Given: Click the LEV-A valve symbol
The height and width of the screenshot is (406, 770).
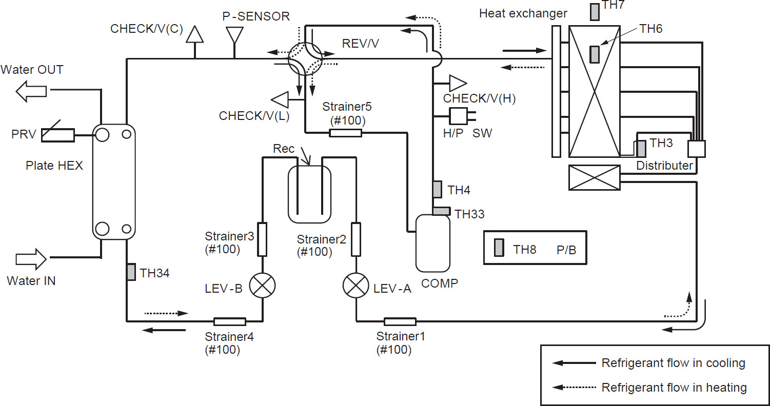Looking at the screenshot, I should (x=356, y=286).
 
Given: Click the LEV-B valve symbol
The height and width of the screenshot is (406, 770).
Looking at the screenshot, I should (x=262, y=286).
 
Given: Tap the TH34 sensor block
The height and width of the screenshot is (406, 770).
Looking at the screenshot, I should (x=131, y=272).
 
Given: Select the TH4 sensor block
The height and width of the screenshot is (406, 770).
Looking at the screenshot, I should (x=437, y=189).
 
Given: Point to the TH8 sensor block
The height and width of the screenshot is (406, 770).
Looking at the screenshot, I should (x=499, y=248).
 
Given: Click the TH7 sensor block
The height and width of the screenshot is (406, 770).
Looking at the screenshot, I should (x=595, y=12).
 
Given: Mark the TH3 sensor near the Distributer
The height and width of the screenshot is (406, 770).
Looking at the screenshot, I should (x=641, y=149).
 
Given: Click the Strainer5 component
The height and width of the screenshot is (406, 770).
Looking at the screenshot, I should (x=345, y=133).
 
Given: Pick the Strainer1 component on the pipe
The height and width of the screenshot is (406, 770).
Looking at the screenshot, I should (x=400, y=321).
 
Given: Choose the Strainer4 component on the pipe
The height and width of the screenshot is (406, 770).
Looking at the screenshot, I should (x=229, y=321).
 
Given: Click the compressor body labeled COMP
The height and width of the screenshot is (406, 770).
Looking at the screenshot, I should (x=432, y=243).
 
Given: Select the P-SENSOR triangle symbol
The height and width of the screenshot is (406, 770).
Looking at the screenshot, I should (x=234, y=34).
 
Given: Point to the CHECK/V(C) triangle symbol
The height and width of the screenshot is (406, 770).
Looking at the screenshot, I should (x=195, y=34).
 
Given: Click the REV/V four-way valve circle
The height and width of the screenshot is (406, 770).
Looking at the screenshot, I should (x=304, y=58).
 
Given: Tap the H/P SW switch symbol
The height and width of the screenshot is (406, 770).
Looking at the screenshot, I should (x=458, y=116).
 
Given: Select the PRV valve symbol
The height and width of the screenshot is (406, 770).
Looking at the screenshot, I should (x=57, y=135).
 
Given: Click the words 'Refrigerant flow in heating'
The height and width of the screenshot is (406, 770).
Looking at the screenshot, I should (x=674, y=388).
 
